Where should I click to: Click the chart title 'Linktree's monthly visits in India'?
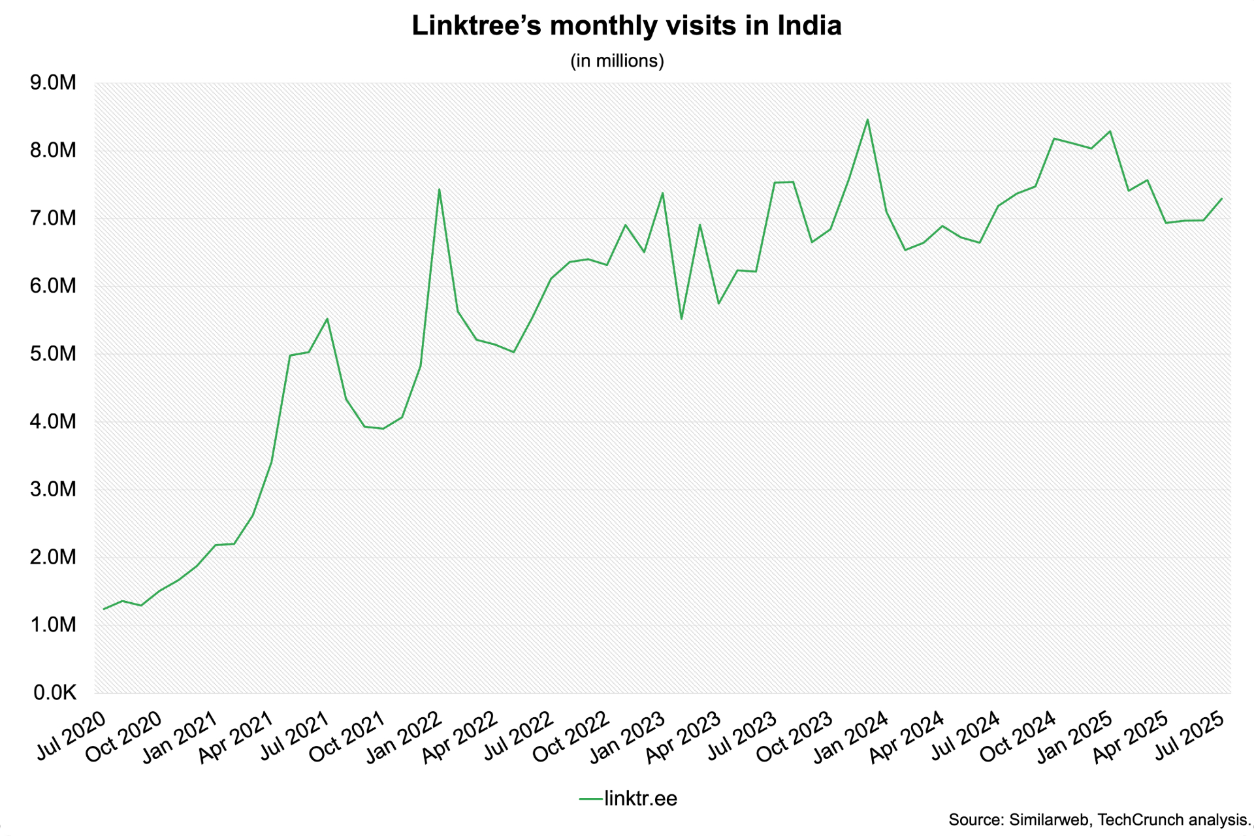(x=626, y=26)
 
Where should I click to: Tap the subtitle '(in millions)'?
(x=617, y=61)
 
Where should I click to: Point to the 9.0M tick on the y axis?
(x=53, y=83)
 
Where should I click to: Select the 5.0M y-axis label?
(x=53, y=354)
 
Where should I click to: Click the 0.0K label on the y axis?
(x=55, y=693)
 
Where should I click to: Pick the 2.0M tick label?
(x=53, y=557)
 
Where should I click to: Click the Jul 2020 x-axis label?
(x=71, y=735)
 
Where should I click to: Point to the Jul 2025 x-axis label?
(x=1188, y=735)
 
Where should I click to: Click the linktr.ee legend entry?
(x=628, y=798)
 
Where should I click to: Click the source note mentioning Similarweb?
(x=1100, y=820)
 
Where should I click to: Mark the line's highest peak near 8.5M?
(x=867, y=120)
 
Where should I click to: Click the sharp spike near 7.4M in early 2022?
(x=439, y=189)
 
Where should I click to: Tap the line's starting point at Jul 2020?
(x=104, y=609)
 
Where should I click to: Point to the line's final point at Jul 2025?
(x=1221, y=199)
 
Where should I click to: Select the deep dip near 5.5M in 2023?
(x=681, y=319)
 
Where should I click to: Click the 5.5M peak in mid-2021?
(x=327, y=319)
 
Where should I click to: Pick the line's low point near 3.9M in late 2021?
(x=383, y=428)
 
